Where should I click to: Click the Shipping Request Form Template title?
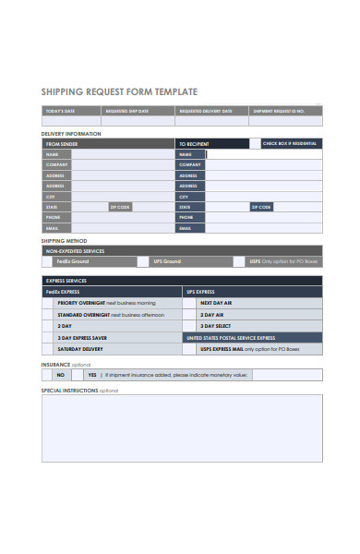click(x=120, y=92)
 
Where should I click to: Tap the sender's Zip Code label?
click(x=121, y=207)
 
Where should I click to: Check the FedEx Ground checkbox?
click(x=50, y=261)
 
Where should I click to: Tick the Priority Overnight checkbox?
click(x=51, y=303)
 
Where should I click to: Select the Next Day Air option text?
click(x=216, y=303)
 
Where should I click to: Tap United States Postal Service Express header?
click(x=231, y=338)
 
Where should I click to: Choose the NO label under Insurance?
click(x=61, y=376)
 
